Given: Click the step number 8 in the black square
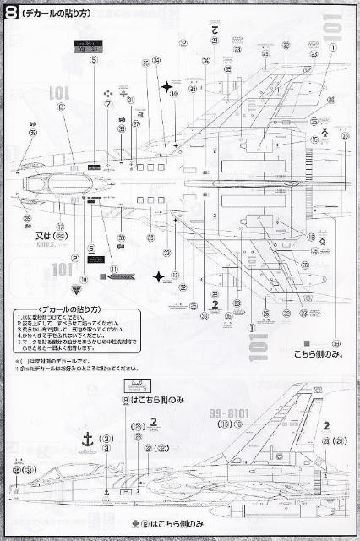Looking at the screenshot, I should point(11,10).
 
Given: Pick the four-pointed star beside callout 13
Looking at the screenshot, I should point(159,276).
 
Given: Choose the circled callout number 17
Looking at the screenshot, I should point(60,226).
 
